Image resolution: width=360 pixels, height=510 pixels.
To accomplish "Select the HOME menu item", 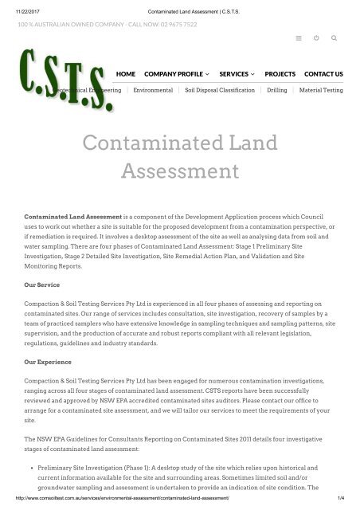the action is [x=125, y=74].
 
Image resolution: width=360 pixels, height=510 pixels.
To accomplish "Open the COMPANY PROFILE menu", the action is [x=176, y=74].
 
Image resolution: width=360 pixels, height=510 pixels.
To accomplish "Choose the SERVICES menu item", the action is [x=237, y=74].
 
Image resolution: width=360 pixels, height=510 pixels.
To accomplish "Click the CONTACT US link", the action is [x=323, y=74].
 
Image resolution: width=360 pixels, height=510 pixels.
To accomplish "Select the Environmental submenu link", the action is [x=154, y=91].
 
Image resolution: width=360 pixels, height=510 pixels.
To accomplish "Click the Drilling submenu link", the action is [x=277, y=91].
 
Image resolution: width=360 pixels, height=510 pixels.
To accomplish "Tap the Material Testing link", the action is [x=321, y=91].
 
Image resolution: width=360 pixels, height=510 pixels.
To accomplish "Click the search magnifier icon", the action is [x=333, y=38].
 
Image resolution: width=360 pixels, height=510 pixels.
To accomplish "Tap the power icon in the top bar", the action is [x=316, y=38].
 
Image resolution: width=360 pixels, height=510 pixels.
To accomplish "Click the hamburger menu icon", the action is [x=298, y=38].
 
